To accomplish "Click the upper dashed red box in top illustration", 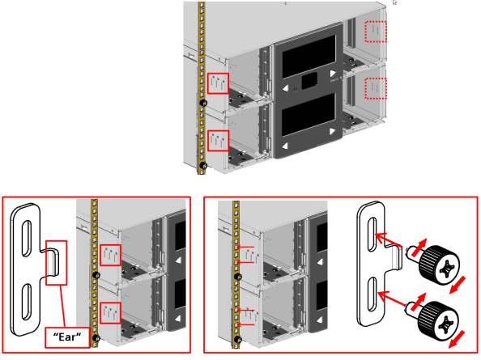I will pyautogui.click(x=376, y=31).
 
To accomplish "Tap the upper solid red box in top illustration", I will pyautogui.click(x=217, y=84).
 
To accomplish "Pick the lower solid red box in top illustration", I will pyautogui.click(x=217, y=140).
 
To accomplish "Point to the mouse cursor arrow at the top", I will pyautogui.click(x=395, y=3).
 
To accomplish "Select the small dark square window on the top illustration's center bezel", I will pyautogui.click(x=308, y=81).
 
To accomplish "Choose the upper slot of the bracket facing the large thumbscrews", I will pyautogui.click(x=371, y=235).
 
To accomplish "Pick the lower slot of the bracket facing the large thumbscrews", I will pyautogui.click(x=371, y=294).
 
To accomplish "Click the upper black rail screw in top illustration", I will pyautogui.click(x=203, y=103).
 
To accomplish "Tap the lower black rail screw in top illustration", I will pyautogui.click(x=203, y=166).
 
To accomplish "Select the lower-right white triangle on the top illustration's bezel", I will pyautogui.click(x=332, y=130).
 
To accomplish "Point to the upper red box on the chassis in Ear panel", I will pyautogui.click(x=109, y=256).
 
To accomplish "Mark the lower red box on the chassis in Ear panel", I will pyautogui.click(x=109, y=313).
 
